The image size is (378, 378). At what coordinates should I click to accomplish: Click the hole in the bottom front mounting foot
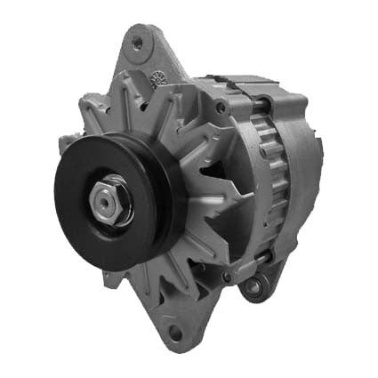[174, 333]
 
